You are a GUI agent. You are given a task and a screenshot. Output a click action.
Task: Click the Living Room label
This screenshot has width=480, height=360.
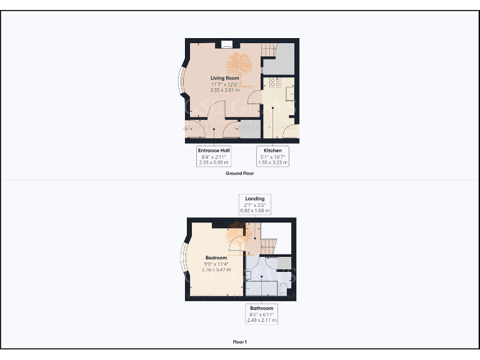coord(224,78)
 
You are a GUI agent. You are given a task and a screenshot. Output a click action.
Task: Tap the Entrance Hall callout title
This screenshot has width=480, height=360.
coord(214,151)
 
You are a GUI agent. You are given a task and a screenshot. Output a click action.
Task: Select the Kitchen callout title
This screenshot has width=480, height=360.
coord(272,151)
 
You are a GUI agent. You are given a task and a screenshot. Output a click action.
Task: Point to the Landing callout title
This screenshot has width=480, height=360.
coord(255,199)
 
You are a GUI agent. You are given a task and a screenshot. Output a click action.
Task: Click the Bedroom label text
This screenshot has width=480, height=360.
coord(216,257)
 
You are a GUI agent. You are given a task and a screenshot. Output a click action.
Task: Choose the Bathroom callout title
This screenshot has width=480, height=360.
coord(261,308)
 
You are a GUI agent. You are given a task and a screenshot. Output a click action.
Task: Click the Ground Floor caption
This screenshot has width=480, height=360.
coord(239,173)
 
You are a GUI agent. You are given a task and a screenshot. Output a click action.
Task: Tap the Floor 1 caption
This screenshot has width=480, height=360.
coord(240,342)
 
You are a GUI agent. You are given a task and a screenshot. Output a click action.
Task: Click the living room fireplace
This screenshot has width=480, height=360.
coord(227,44)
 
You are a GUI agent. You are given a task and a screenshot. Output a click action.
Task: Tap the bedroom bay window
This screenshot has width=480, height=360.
coord(184,262)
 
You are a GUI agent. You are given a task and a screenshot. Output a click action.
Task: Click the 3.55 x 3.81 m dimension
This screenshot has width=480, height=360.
coord(224,90)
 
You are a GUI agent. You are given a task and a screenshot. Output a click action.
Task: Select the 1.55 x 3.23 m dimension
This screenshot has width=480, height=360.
coord(272,162)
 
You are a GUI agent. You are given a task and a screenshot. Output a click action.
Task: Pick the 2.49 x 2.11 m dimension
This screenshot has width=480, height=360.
coord(261,320)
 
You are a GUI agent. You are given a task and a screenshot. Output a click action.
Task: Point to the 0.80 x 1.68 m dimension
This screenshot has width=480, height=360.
coord(255,211)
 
